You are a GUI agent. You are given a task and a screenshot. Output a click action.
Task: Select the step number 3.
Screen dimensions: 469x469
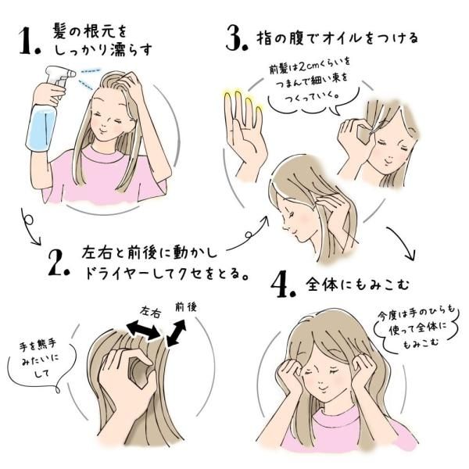(x=235, y=39)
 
